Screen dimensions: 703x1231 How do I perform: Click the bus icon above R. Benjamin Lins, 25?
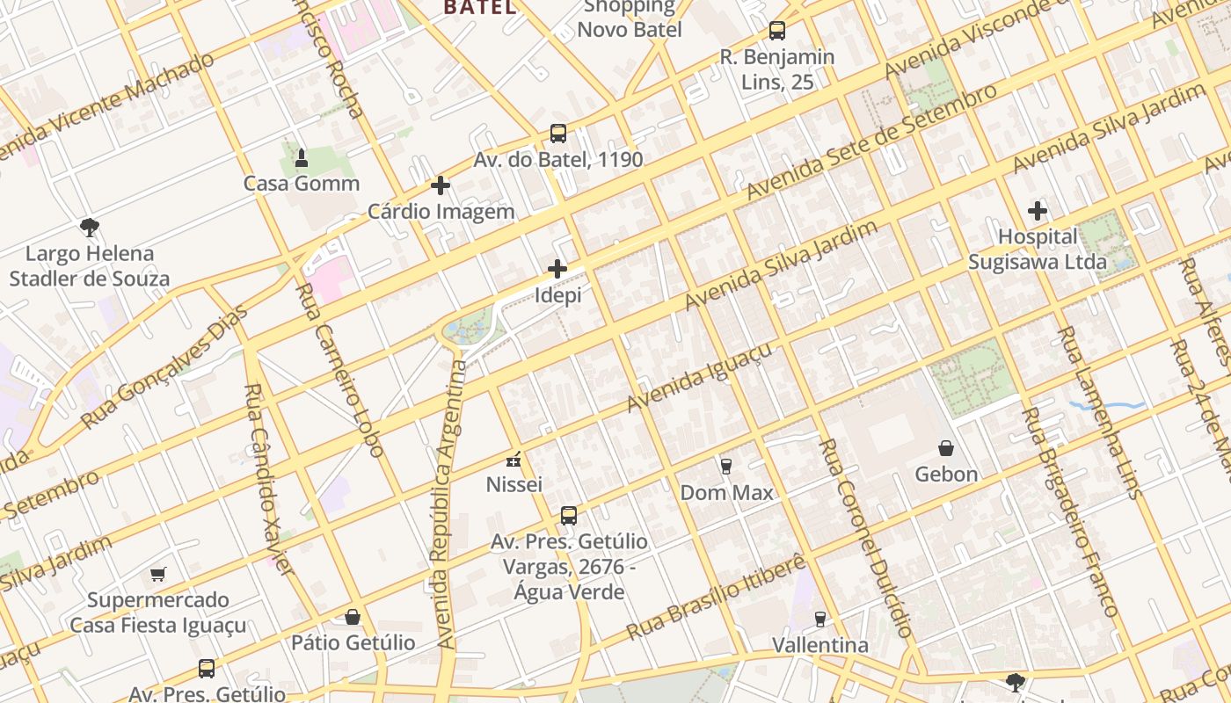pyautogui.click(x=777, y=31)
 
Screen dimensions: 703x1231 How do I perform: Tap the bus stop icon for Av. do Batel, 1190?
pyautogui.click(x=558, y=134)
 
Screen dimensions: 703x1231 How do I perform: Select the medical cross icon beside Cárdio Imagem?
pyautogui.click(x=441, y=185)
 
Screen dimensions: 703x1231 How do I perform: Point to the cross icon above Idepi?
pyautogui.click(x=557, y=269)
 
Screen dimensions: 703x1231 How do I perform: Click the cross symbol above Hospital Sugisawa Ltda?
pyautogui.click(x=1038, y=211)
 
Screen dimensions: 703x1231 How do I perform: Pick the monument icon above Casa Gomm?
pyautogui.click(x=302, y=158)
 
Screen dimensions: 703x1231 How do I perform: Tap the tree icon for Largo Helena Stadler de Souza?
pyautogui.click(x=89, y=228)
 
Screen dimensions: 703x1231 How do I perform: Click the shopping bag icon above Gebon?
pyautogui.click(x=946, y=448)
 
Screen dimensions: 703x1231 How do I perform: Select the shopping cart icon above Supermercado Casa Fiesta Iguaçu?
pyautogui.click(x=158, y=575)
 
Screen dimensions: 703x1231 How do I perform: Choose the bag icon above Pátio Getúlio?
pyautogui.click(x=353, y=617)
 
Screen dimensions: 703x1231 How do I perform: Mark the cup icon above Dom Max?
pyautogui.click(x=726, y=466)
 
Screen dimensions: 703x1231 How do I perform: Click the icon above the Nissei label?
pyautogui.click(x=514, y=459)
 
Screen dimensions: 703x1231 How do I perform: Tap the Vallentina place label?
pyautogui.click(x=819, y=645)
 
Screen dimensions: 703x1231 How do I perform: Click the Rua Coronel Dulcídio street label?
pyautogui.click(x=866, y=538)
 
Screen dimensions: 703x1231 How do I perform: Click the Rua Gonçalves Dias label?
pyautogui.click(x=164, y=367)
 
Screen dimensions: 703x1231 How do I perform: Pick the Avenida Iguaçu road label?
pyautogui.click(x=700, y=377)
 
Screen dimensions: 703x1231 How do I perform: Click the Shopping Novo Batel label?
pyautogui.click(x=630, y=18)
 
